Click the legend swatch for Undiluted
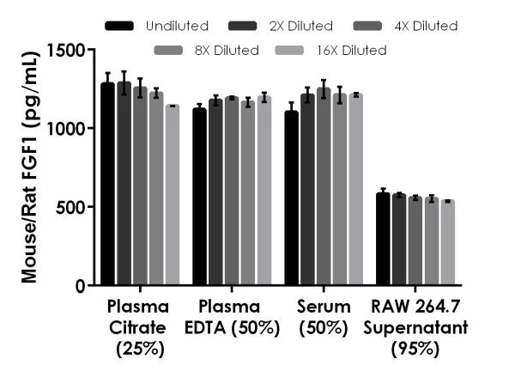(x=122, y=27)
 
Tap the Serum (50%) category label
(x=324, y=315)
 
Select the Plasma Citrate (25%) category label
(x=138, y=327)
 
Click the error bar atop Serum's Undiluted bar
(x=292, y=112)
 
